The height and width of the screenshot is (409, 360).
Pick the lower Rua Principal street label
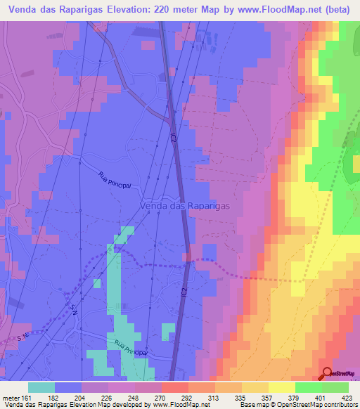[x=129, y=349]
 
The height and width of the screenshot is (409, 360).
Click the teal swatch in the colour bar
[x=41, y=387]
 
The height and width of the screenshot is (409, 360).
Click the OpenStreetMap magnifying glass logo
[x=328, y=372]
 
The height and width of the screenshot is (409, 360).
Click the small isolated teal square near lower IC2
[x=168, y=331]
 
